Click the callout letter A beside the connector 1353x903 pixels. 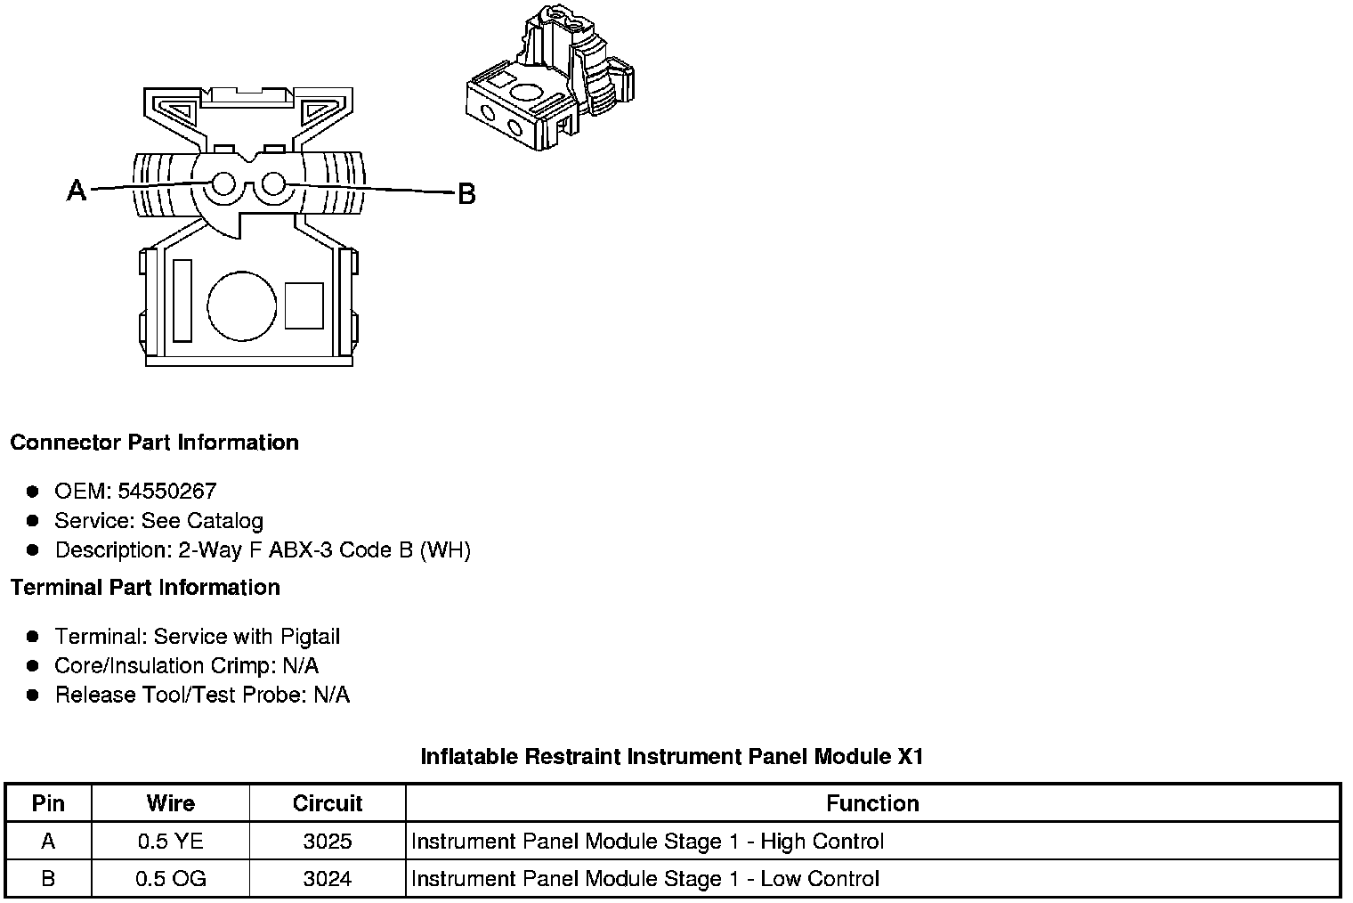[77, 190]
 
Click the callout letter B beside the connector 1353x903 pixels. [466, 194]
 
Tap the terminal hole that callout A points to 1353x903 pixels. [223, 184]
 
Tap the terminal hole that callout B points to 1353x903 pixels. [273, 183]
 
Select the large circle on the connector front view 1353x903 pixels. [241, 305]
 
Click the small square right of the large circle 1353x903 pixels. [304, 305]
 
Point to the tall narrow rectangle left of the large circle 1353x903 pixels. [182, 300]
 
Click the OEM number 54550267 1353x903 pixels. [166, 491]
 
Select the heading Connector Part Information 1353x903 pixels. [155, 443]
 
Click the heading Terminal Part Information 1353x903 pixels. [146, 588]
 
